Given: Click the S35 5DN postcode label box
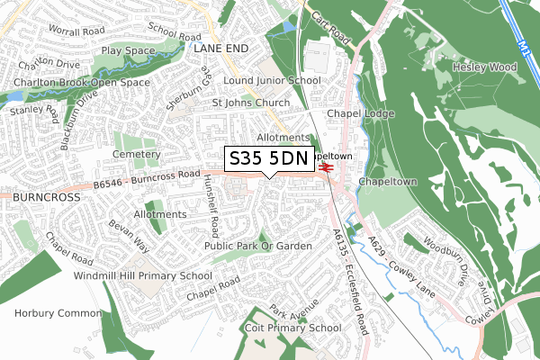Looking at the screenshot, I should [268, 158].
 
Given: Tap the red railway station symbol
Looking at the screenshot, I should [326, 166].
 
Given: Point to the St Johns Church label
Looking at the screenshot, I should [251, 103].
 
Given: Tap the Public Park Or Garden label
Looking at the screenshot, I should [258, 246].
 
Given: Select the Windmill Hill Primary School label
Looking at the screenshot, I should [143, 275].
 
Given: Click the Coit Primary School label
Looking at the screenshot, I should [293, 328].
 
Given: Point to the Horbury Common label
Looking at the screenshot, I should [53, 313].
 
